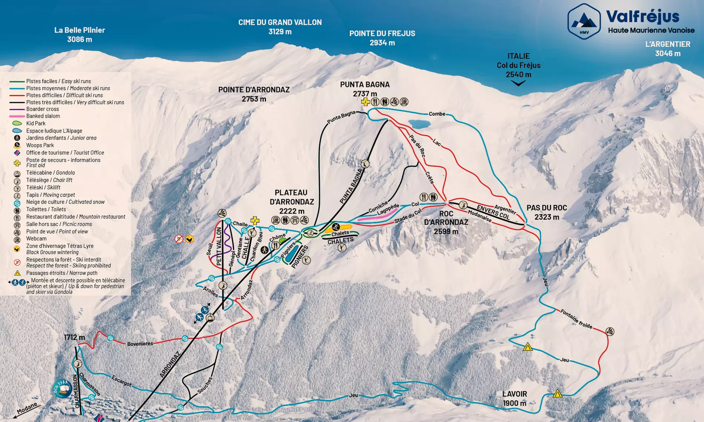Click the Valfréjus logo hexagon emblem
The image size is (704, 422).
584,21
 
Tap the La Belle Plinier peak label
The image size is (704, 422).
79,34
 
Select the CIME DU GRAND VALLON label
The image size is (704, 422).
280,27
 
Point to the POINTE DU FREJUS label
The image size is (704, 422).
382,38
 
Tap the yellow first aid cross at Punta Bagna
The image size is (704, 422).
366,102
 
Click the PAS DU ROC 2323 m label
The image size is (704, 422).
546,212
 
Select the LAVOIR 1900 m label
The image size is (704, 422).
514,398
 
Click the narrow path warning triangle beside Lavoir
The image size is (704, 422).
557,393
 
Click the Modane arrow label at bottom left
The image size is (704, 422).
27,408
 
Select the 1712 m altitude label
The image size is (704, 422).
74,337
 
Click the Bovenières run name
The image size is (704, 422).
140,344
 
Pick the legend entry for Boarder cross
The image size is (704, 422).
42,109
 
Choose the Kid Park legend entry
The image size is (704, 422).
36,123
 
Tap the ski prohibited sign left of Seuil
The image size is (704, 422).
179,239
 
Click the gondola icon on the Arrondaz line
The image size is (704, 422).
210,318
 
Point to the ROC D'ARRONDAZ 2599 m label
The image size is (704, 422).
446,222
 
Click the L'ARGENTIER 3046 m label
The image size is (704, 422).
667,48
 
